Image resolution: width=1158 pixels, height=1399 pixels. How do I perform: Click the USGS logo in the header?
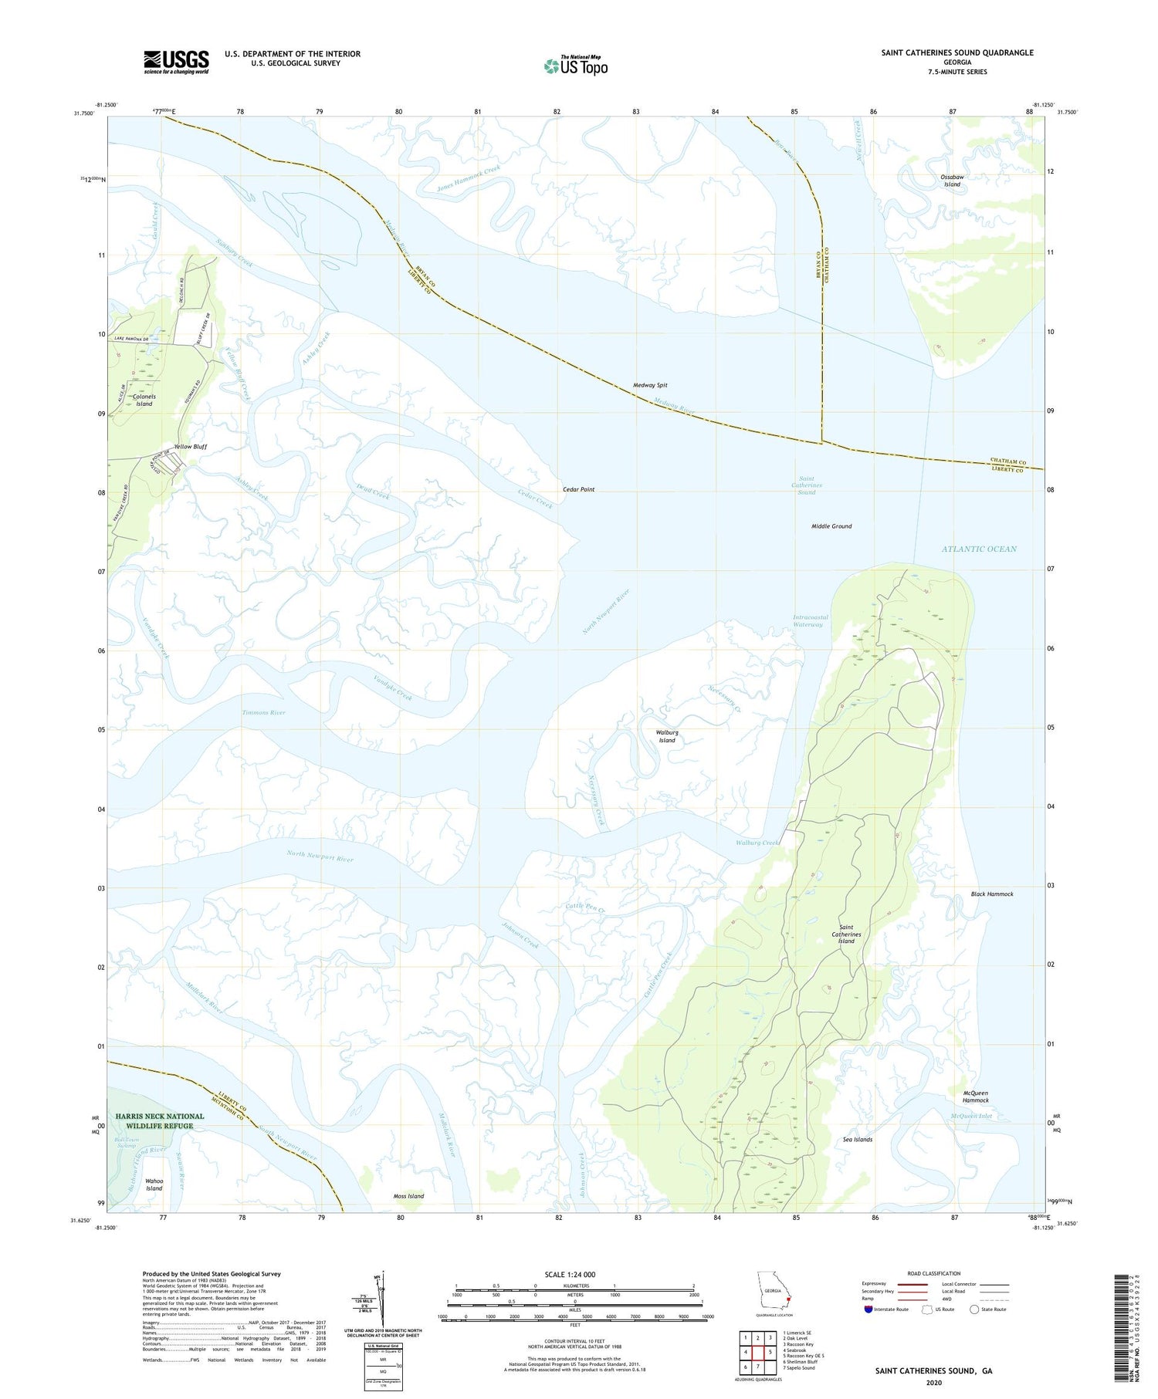pyautogui.click(x=176, y=62)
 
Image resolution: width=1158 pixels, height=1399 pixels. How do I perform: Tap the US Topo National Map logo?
pyautogui.click(x=575, y=66)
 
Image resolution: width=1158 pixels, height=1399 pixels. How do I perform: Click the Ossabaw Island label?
pyautogui.click(x=952, y=181)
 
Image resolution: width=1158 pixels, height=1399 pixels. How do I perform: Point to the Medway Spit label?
pyautogui.click(x=650, y=385)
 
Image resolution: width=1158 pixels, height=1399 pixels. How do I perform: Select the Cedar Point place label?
pyautogui.click(x=578, y=489)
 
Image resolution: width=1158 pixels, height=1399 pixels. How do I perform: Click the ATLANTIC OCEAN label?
pyautogui.click(x=979, y=549)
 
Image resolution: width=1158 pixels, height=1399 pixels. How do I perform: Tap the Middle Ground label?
pyautogui.click(x=831, y=526)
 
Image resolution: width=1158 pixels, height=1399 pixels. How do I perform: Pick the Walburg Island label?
pyautogui.click(x=666, y=736)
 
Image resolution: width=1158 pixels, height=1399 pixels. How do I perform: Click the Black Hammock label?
pyautogui.click(x=992, y=894)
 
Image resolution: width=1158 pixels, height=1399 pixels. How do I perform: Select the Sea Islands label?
pyautogui.click(x=858, y=1139)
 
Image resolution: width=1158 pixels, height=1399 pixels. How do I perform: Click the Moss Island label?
pyautogui.click(x=408, y=1196)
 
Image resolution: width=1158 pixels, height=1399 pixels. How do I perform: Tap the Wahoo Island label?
pyautogui.click(x=154, y=1184)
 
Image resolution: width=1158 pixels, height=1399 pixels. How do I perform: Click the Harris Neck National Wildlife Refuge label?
pyautogui.click(x=160, y=1120)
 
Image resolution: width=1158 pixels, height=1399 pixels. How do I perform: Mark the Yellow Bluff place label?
pyautogui.click(x=190, y=447)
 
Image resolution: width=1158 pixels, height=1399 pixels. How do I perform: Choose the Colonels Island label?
pyautogui.click(x=144, y=400)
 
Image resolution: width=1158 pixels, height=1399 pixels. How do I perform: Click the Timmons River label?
pyautogui.click(x=263, y=712)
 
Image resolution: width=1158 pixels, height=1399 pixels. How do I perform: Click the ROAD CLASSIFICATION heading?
pyautogui.click(x=934, y=1273)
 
